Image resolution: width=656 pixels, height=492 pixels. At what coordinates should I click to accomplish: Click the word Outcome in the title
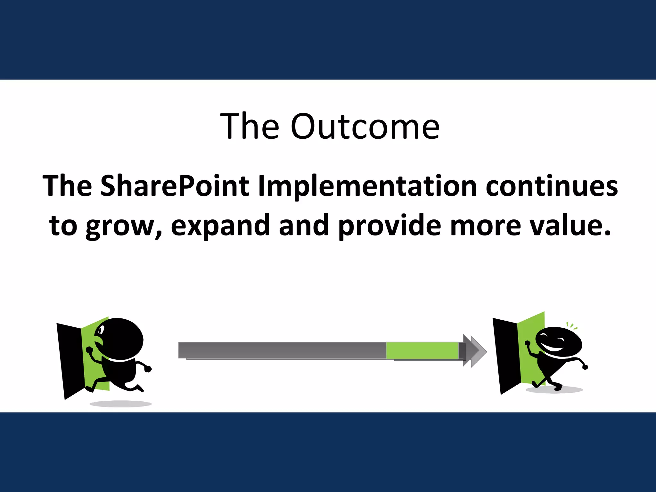pyautogui.click(x=365, y=127)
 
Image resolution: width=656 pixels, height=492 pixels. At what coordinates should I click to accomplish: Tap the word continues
pyautogui.click(x=551, y=186)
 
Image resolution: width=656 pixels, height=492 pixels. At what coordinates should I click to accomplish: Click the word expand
pyautogui.click(x=220, y=226)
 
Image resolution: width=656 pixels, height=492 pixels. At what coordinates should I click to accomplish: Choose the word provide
pyautogui.click(x=389, y=226)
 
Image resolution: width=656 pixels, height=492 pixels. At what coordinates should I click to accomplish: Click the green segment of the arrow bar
pyautogui.click(x=422, y=350)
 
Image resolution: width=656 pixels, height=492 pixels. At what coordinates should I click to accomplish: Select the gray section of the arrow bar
pyautogui.click(x=282, y=350)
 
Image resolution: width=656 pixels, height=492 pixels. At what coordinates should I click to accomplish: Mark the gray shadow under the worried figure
pyautogui.click(x=120, y=404)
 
